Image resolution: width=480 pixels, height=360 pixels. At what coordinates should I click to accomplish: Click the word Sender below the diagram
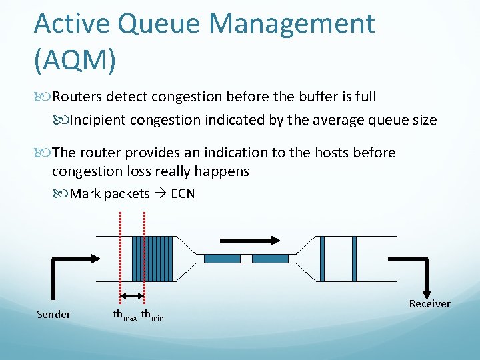click(53, 314)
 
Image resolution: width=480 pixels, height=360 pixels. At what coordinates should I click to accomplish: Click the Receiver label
click(429, 304)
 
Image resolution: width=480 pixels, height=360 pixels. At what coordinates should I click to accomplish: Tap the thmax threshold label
click(125, 315)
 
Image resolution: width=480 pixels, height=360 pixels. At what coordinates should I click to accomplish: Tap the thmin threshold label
click(153, 315)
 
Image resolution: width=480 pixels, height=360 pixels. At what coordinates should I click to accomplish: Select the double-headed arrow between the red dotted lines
click(132, 296)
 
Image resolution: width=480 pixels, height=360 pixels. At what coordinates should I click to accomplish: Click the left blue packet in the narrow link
click(221, 259)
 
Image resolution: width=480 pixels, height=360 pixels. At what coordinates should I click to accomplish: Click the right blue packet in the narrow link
click(270, 259)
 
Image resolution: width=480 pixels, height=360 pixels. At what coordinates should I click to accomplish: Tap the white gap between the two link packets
click(246, 259)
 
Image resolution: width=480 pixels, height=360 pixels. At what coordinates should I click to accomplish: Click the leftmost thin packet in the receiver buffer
click(321, 258)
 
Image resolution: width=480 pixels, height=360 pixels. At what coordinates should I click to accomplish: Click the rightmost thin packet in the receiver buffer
click(353, 258)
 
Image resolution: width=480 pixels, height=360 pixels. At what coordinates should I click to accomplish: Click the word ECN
click(183, 194)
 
